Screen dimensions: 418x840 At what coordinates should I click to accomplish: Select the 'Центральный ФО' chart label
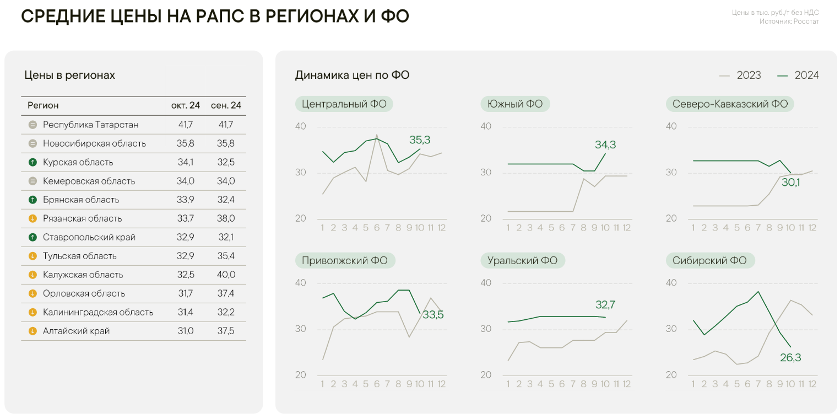click(344, 104)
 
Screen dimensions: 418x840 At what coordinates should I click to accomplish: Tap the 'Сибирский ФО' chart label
click(709, 260)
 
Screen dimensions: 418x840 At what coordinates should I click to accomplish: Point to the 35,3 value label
click(419, 140)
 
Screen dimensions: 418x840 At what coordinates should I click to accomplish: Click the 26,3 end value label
click(790, 357)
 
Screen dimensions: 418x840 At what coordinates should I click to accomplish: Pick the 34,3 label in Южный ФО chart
click(605, 145)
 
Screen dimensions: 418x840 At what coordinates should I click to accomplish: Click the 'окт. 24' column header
click(185, 105)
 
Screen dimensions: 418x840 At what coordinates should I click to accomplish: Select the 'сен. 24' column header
click(226, 105)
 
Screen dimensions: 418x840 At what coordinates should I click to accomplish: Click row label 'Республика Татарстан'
click(91, 125)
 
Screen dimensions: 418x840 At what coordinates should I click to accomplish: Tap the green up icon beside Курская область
click(32, 162)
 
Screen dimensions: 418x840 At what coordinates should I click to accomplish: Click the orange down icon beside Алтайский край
click(32, 331)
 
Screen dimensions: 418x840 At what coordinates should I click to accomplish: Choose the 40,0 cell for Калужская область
click(226, 275)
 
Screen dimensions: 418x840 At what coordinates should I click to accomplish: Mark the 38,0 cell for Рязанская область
click(226, 218)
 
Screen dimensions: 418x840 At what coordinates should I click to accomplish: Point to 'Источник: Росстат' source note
click(789, 22)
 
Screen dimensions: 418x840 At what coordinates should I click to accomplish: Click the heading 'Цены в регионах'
click(69, 75)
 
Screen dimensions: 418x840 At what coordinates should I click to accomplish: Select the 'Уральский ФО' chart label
click(522, 260)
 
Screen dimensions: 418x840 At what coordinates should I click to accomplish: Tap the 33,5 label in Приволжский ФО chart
click(433, 315)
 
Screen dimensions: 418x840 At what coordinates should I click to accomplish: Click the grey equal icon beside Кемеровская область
click(32, 181)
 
